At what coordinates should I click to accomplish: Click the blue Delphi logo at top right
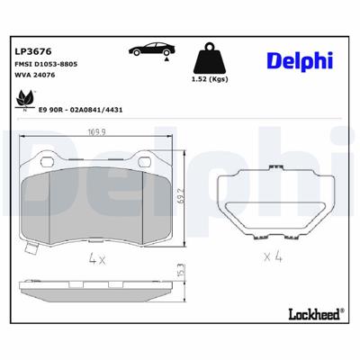(298, 60)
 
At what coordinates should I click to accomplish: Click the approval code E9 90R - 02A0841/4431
(81, 107)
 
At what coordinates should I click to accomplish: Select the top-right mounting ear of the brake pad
(156, 162)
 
